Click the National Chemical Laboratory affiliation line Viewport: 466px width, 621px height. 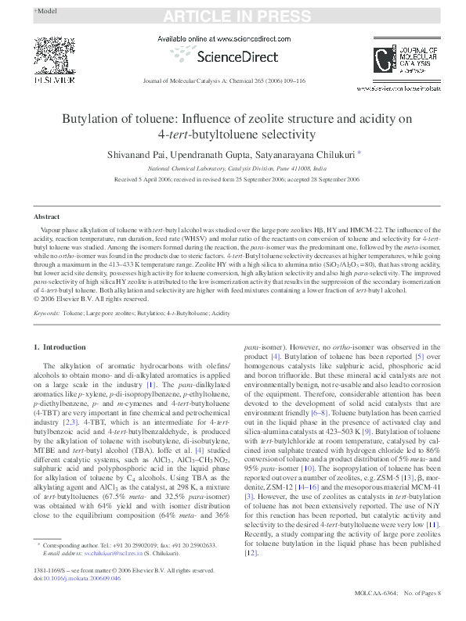(x=233, y=169)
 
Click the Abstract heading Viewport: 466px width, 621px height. (x=47, y=216)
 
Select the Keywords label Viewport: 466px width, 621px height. (x=47, y=313)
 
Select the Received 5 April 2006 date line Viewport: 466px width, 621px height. (x=233, y=179)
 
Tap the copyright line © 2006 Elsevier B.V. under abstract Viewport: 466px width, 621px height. (x=91, y=299)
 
